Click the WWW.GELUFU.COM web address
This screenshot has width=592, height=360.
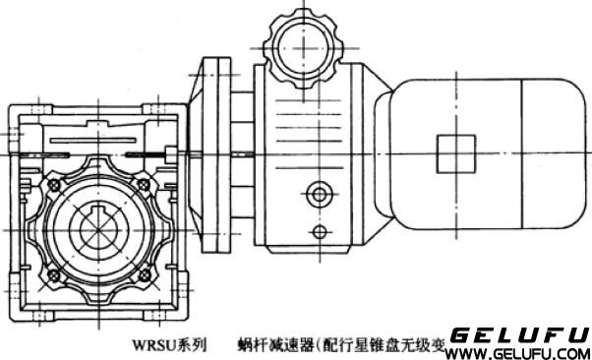(518, 352)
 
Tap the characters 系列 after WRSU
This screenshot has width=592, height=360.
(195, 345)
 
